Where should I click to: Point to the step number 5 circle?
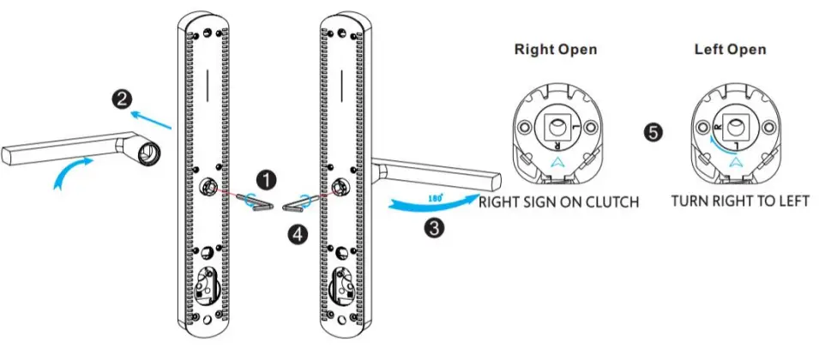(x=654, y=134)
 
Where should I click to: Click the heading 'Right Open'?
(x=555, y=50)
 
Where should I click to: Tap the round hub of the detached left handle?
(x=148, y=152)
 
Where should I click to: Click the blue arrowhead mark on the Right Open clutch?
(x=558, y=160)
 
